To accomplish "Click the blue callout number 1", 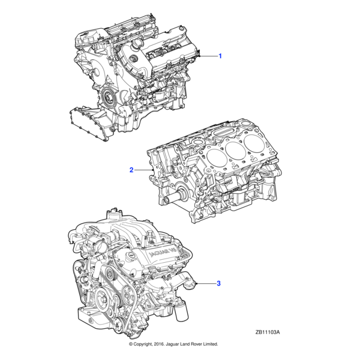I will pos(220,56).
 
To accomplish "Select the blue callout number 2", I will pos(131,170).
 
